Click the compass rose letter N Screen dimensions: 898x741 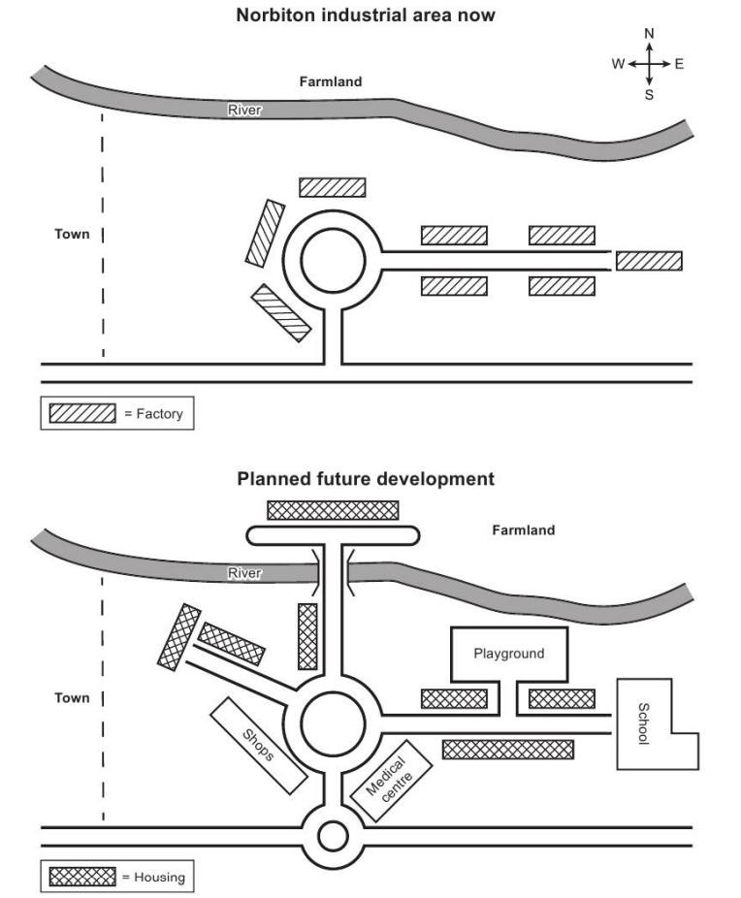(649, 34)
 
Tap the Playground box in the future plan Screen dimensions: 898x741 (508, 654)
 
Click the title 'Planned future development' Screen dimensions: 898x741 (366, 479)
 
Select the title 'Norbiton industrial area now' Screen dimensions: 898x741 (366, 16)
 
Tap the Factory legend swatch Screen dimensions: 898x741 (82, 414)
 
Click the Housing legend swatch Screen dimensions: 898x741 (82, 878)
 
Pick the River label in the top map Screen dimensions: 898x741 (244, 111)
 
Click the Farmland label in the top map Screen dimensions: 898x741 (330, 82)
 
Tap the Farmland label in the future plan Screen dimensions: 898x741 (523, 530)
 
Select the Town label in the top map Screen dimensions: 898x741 (72, 234)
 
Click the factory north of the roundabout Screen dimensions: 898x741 (332, 187)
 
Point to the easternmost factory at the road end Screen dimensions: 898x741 (649, 261)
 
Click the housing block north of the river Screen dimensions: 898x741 (333, 510)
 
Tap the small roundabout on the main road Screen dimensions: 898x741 (333, 835)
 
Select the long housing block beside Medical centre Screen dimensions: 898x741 (507, 749)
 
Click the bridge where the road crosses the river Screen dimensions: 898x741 (334, 572)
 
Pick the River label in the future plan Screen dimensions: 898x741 (244, 574)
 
